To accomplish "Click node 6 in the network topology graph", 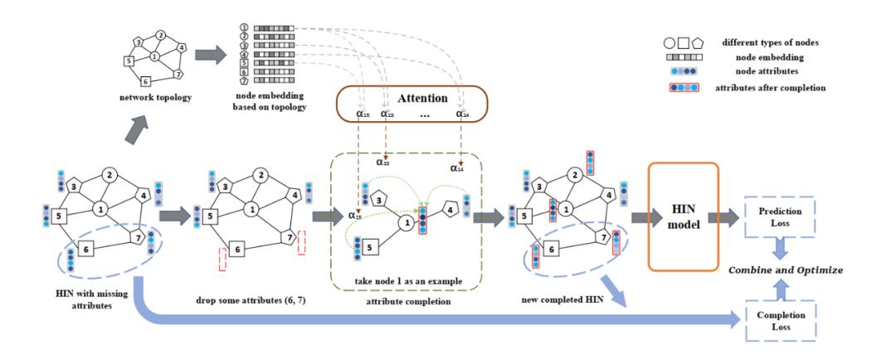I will point(145,80).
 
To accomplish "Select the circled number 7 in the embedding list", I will point(245,80).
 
